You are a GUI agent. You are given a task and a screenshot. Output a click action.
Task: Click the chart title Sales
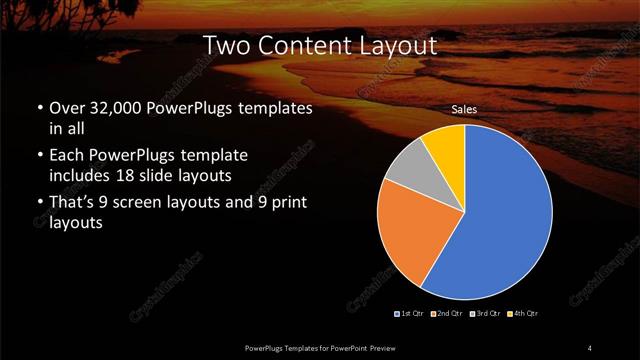(x=464, y=109)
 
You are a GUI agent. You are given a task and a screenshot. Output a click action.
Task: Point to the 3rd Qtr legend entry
(x=484, y=314)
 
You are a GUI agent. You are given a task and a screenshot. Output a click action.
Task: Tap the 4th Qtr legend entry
(x=523, y=314)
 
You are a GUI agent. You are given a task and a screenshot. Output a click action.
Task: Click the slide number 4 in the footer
(x=590, y=347)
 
